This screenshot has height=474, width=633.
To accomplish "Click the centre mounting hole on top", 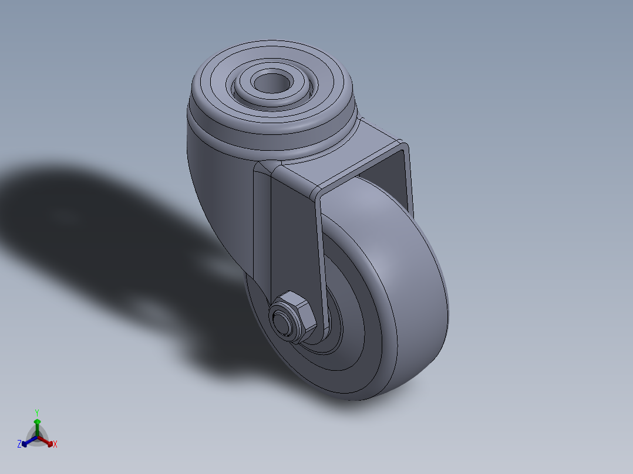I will [272, 83].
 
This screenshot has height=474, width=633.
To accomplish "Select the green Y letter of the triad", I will [36, 412].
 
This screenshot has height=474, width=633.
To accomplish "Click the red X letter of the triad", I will [55, 444].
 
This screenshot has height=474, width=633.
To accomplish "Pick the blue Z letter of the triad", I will [19, 444].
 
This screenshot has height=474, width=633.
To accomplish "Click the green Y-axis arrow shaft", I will [37, 427].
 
